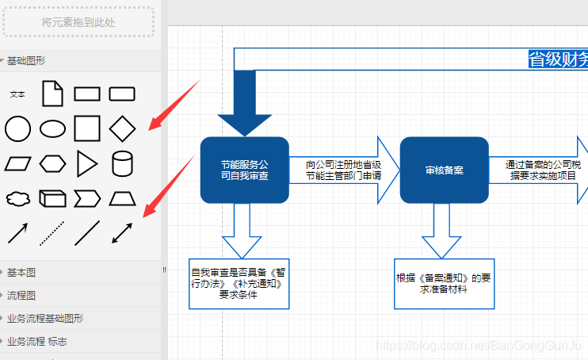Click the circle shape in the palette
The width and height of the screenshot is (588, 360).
point(17,128)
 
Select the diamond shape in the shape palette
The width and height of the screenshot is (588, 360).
point(122,128)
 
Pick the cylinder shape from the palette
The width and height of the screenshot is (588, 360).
point(122,163)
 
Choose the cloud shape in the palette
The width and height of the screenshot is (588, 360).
point(17,197)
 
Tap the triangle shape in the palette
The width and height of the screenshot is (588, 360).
point(87,163)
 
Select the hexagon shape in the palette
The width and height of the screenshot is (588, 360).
point(52,163)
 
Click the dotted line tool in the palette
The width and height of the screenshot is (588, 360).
point(52,232)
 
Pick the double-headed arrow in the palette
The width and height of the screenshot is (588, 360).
point(122,232)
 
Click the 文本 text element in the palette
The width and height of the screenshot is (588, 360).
point(17,94)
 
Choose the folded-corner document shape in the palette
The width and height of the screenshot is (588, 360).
point(52,94)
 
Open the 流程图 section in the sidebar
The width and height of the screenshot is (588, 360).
point(21,296)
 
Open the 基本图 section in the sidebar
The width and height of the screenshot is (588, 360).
point(21,273)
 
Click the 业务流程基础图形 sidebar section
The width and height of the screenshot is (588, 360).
point(44,319)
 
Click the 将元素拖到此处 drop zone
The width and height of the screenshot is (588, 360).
point(78,22)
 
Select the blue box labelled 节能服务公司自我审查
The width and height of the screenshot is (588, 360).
point(244,170)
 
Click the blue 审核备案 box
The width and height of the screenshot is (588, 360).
point(444,170)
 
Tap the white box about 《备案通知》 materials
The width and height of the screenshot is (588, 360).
point(444,283)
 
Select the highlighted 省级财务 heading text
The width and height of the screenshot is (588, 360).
point(558,59)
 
